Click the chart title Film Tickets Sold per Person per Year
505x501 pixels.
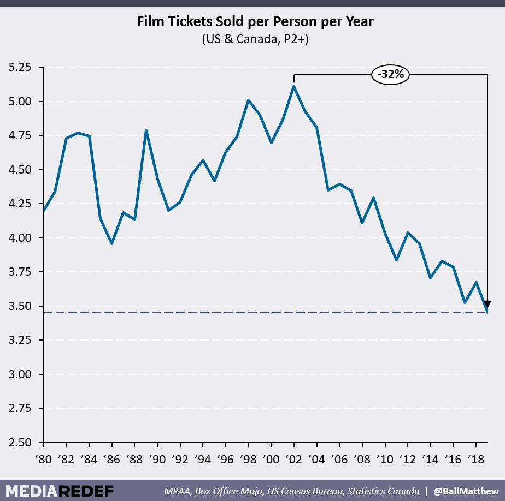(255, 22)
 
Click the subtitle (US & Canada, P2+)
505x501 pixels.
(255, 39)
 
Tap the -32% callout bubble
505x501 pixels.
(391, 74)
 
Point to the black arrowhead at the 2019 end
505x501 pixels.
(486, 305)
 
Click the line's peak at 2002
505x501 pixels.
(295, 86)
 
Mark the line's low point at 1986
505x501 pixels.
(112, 243)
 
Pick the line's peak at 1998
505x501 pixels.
(249, 100)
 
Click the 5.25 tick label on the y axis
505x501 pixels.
(19, 68)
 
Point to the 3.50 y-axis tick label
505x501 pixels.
(19, 306)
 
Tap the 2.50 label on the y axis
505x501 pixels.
(19, 443)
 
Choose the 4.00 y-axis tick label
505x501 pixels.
(19, 238)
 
